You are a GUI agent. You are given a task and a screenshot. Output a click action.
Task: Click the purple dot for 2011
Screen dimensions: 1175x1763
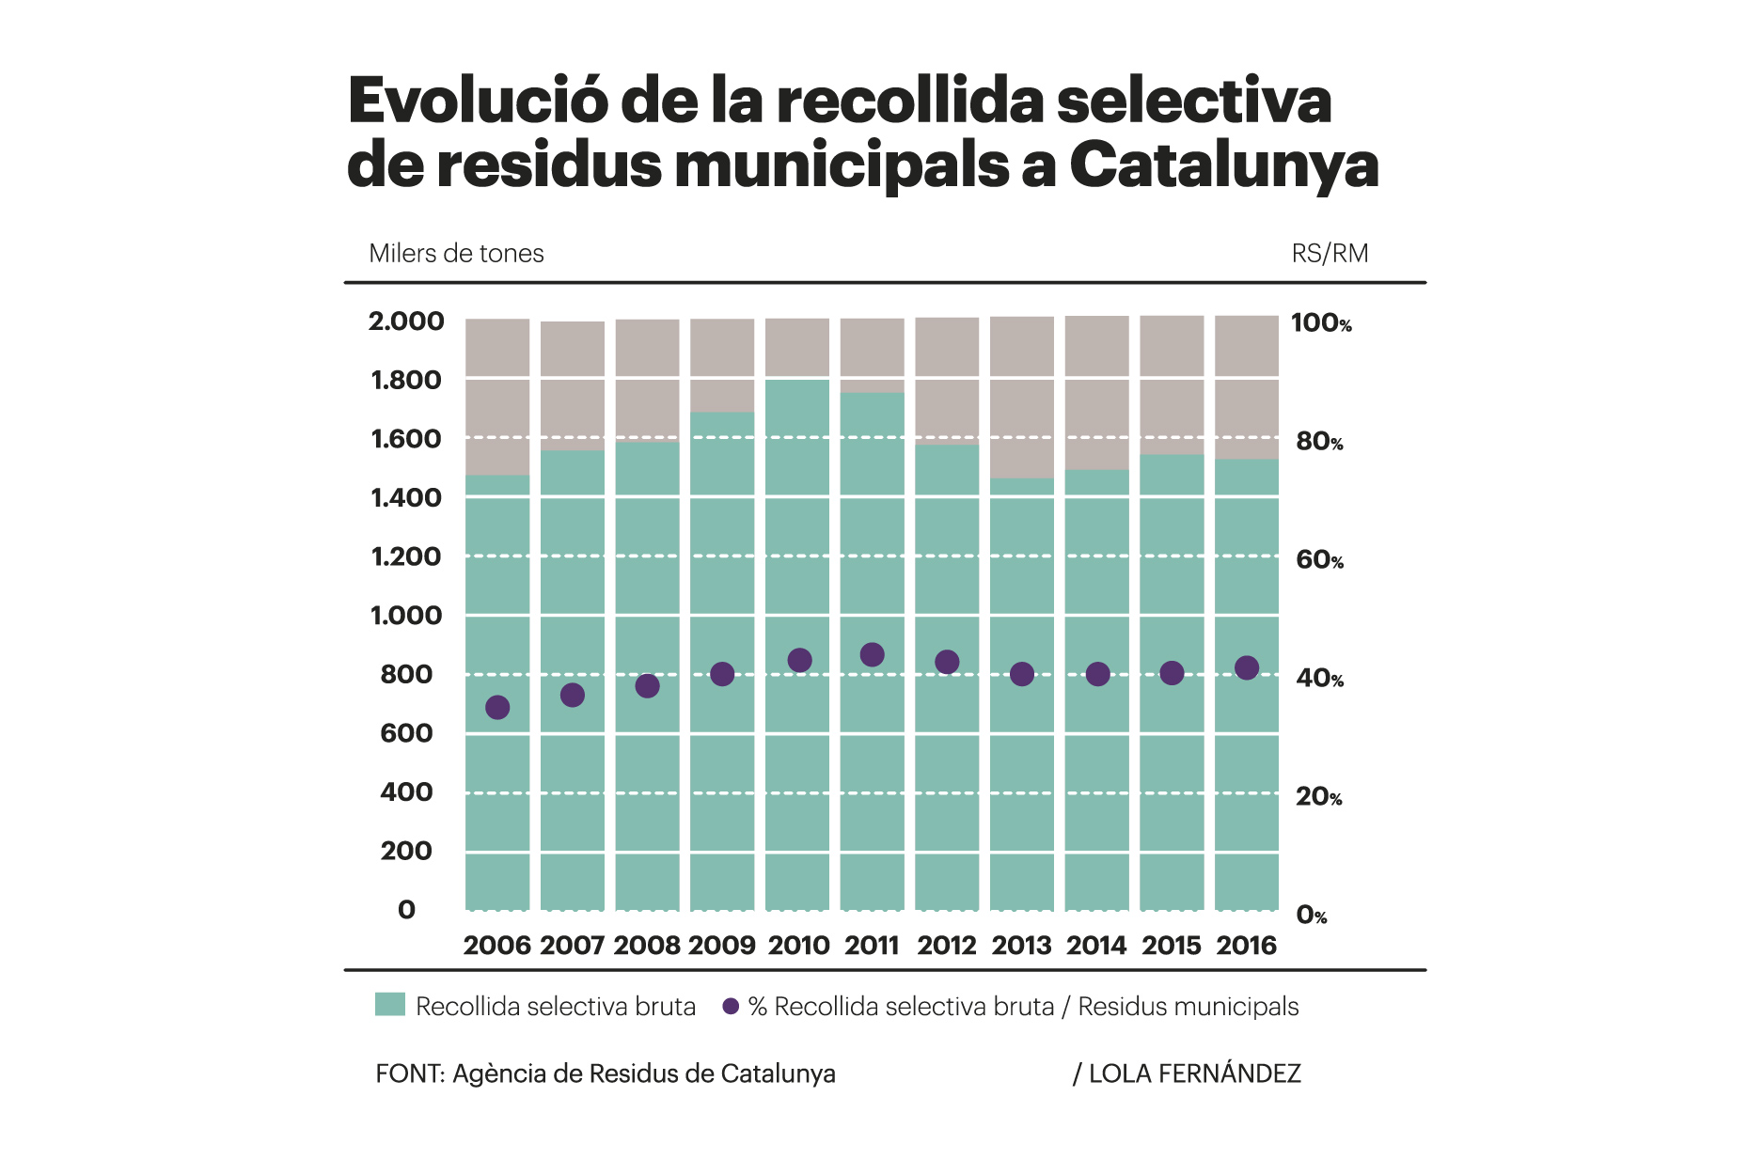(872, 655)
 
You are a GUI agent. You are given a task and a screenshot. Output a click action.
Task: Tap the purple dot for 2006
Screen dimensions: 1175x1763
(497, 708)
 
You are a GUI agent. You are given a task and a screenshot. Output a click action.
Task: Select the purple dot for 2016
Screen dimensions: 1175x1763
(1247, 668)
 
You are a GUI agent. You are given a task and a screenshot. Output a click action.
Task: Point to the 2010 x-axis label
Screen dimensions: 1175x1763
(798, 946)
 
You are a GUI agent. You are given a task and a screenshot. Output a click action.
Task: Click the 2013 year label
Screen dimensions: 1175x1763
(1021, 946)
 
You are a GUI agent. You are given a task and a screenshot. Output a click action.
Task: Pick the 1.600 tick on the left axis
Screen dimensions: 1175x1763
(406, 439)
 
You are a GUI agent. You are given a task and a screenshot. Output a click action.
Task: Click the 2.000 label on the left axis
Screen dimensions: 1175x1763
(406, 321)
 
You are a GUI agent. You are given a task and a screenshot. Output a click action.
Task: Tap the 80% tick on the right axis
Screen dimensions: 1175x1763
(1319, 442)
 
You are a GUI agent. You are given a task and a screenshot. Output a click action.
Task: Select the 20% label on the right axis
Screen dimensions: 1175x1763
(1319, 797)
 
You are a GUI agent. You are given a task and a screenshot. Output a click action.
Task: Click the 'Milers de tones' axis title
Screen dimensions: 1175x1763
(456, 254)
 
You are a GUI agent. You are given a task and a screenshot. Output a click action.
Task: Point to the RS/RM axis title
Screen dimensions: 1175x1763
(1330, 254)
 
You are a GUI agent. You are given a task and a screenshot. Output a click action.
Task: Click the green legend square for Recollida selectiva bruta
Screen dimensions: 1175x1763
(389, 1005)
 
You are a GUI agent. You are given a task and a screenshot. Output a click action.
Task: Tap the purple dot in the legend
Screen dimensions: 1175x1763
(731, 1007)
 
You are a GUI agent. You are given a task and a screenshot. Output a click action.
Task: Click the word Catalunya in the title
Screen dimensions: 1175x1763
(1223, 165)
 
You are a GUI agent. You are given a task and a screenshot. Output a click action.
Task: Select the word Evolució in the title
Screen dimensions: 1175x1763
(478, 101)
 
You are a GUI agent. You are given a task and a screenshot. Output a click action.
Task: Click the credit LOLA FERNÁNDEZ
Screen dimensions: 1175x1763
(1194, 1073)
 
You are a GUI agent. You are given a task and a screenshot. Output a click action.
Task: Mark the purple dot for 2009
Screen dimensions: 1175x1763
(722, 674)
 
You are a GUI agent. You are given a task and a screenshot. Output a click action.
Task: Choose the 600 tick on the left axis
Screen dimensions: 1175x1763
(406, 733)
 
